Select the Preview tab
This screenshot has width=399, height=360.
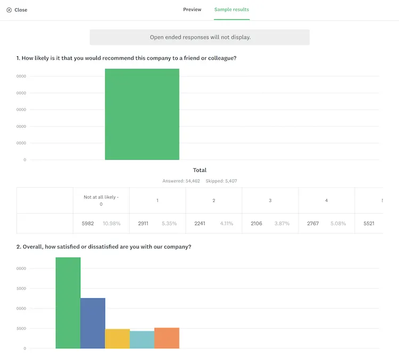pyautogui.click(x=192, y=10)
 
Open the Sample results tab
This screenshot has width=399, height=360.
pyautogui.click(x=231, y=10)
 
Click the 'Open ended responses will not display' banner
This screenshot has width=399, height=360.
pyautogui.click(x=199, y=37)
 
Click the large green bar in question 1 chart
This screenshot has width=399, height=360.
pyautogui.click(x=142, y=114)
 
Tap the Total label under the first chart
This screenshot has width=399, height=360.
pyautogui.click(x=199, y=170)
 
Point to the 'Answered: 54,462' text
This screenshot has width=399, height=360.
pyautogui.click(x=181, y=181)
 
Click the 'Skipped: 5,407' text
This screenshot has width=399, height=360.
pyautogui.click(x=221, y=181)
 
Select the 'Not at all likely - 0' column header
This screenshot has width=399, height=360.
pyautogui.click(x=101, y=200)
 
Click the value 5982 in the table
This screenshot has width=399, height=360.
pyautogui.click(x=88, y=223)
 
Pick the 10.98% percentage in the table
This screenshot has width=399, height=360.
pyautogui.click(x=112, y=223)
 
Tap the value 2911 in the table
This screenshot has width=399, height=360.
pyautogui.click(x=143, y=223)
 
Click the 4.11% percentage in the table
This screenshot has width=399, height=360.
pyautogui.click(x=227, y=223)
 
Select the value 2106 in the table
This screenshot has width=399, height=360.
pyautogui.click(x=256, y=223)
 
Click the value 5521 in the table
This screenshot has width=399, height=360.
pyautogui.click(x=369, y=223)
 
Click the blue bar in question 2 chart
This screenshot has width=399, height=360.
pyautogui.click(x=93, y=323)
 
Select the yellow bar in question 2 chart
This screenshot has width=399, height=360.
pyautogui.click(x=117, y=339)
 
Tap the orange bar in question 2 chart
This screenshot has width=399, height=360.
pyautogui.click(x=167, y=338)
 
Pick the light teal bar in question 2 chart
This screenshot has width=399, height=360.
pyautogui.click(x=142, y=340)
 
